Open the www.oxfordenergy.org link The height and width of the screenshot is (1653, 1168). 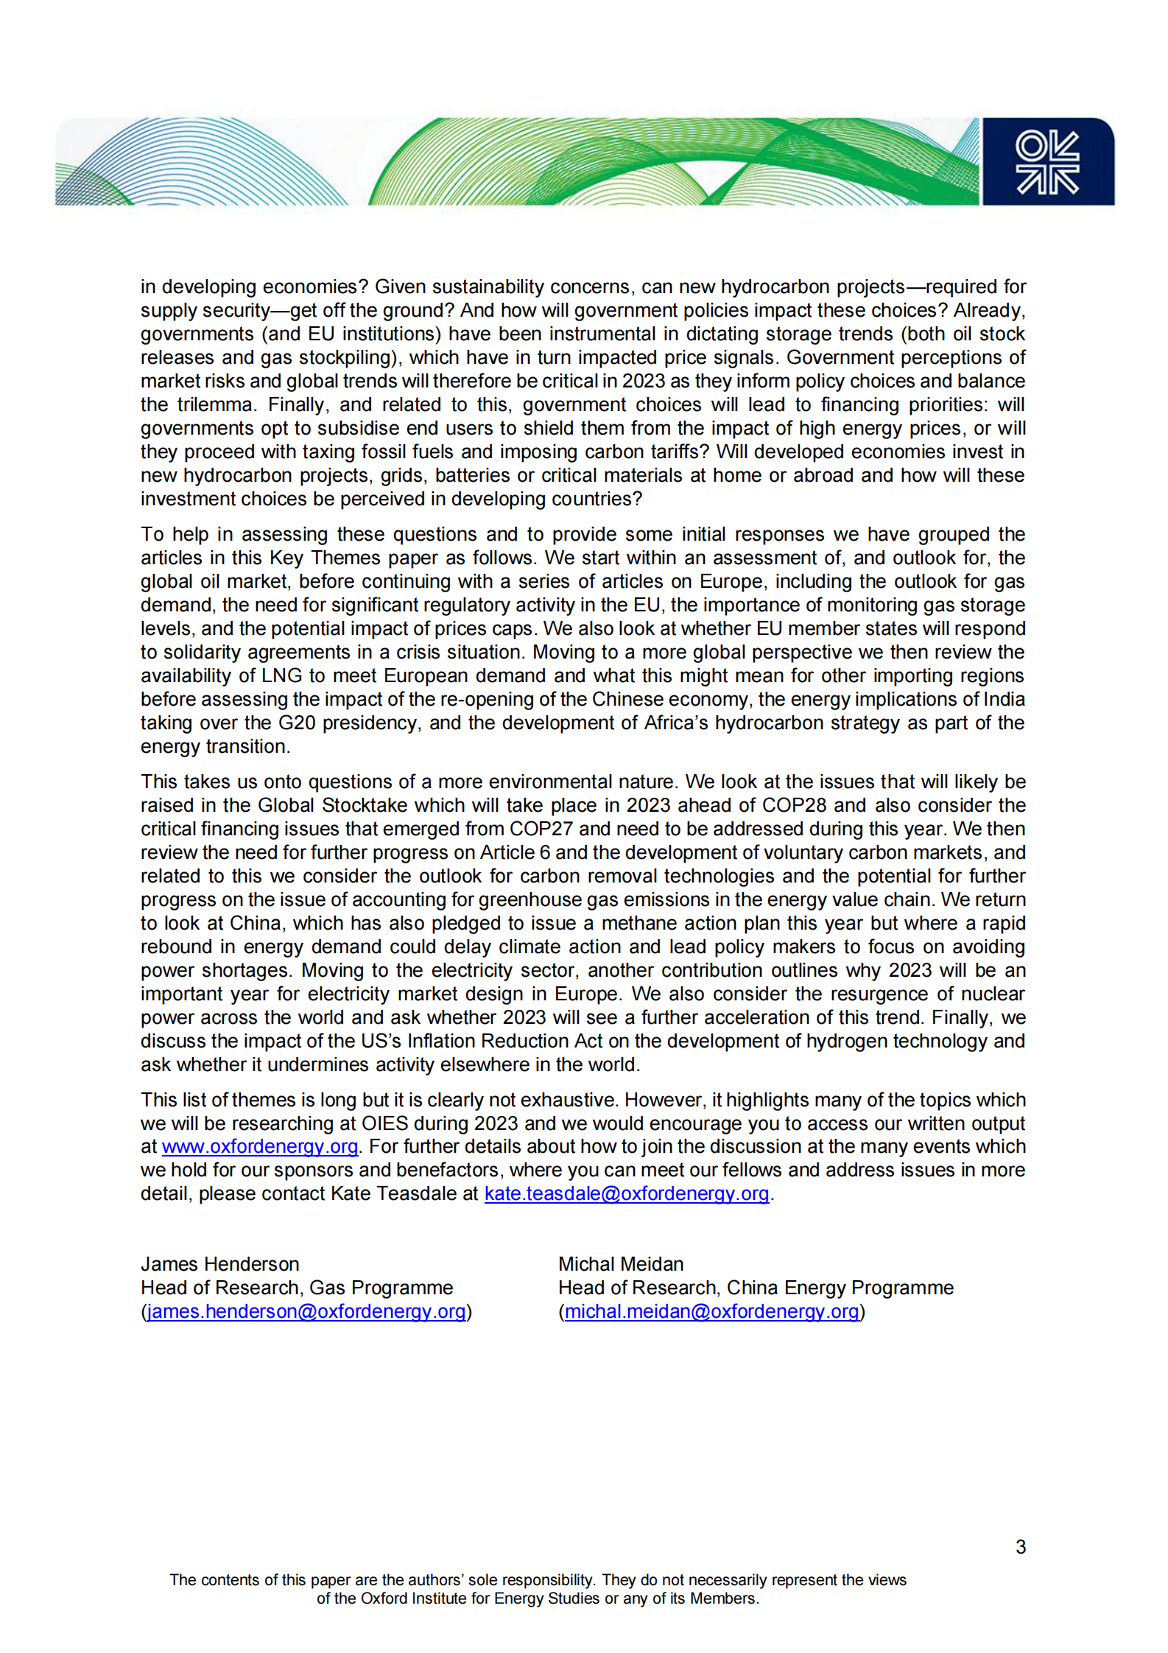click(x=259, y=1147)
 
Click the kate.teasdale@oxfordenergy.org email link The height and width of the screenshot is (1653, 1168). click(x=626, y=1194)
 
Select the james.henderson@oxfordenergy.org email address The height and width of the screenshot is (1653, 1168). click(x=306, y=1312)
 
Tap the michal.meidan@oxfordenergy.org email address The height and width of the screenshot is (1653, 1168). click(x=711, y=1312)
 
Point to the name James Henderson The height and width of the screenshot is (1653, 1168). click(x=219, y=1265)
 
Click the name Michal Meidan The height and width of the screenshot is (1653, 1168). click(x=620, y=1265)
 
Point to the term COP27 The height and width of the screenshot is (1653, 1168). click(x=541, y=829)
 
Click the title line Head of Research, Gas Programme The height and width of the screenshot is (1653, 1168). click(x=296, y=1288)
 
